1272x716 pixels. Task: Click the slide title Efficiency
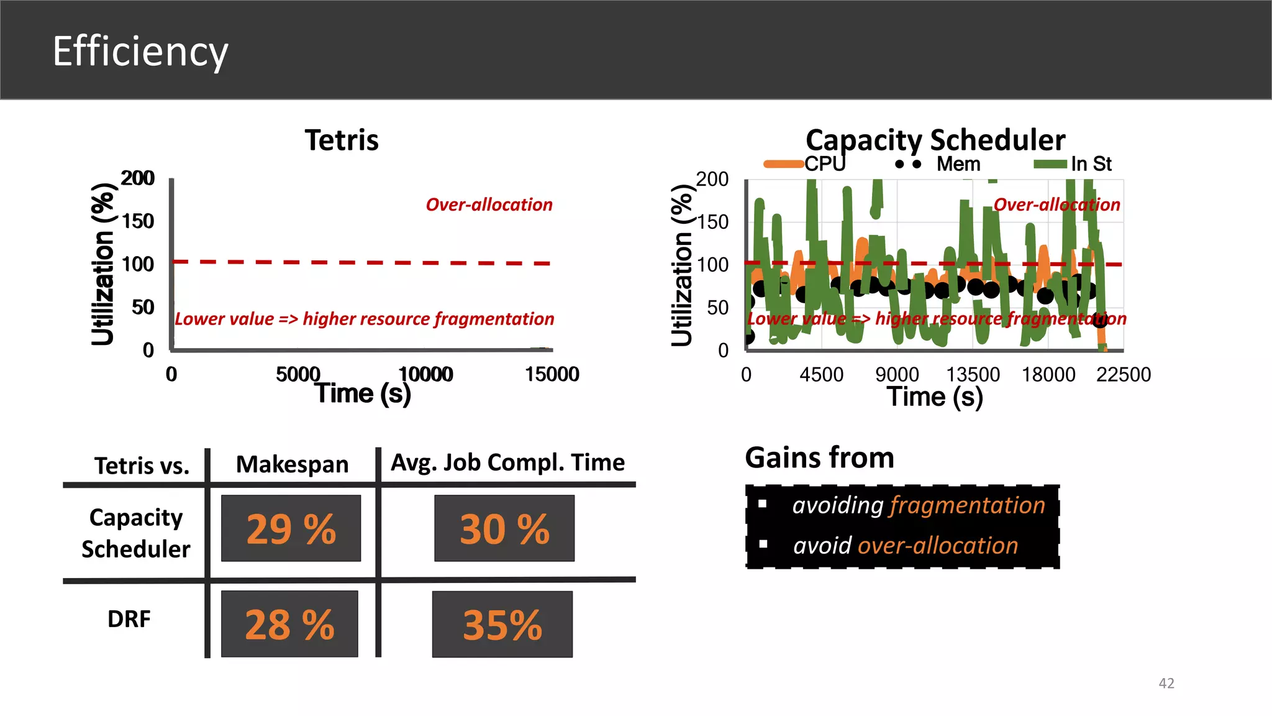(x=140, y=52)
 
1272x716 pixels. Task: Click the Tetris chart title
(x=342, y=140)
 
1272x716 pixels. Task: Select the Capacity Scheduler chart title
(x=935, y=140)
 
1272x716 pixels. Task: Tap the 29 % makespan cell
(x=291, y=528)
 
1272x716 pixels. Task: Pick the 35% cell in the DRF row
(x=502, y=624)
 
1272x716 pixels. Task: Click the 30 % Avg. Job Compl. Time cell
(x=504, y=528)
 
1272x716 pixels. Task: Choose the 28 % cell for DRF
(x=289, y=624)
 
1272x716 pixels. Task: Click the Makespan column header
(x=292, y=464)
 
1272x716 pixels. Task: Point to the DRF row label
(x=129, y=619)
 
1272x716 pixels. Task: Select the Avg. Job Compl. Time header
(x=507, y=462)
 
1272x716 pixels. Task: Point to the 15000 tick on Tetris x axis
(x=552, y=374)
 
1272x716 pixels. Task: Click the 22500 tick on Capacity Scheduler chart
(x=1123, y=375)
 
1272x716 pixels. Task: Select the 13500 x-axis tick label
(x=973, y=375)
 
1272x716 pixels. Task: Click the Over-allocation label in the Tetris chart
(x=489, y=204)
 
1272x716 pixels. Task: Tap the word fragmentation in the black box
(x=968, y=505)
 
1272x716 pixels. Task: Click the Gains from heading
(x=819, y=457)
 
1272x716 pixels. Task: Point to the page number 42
(x=1166, y=683)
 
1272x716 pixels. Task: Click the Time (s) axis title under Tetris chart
(x=363, y=393)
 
